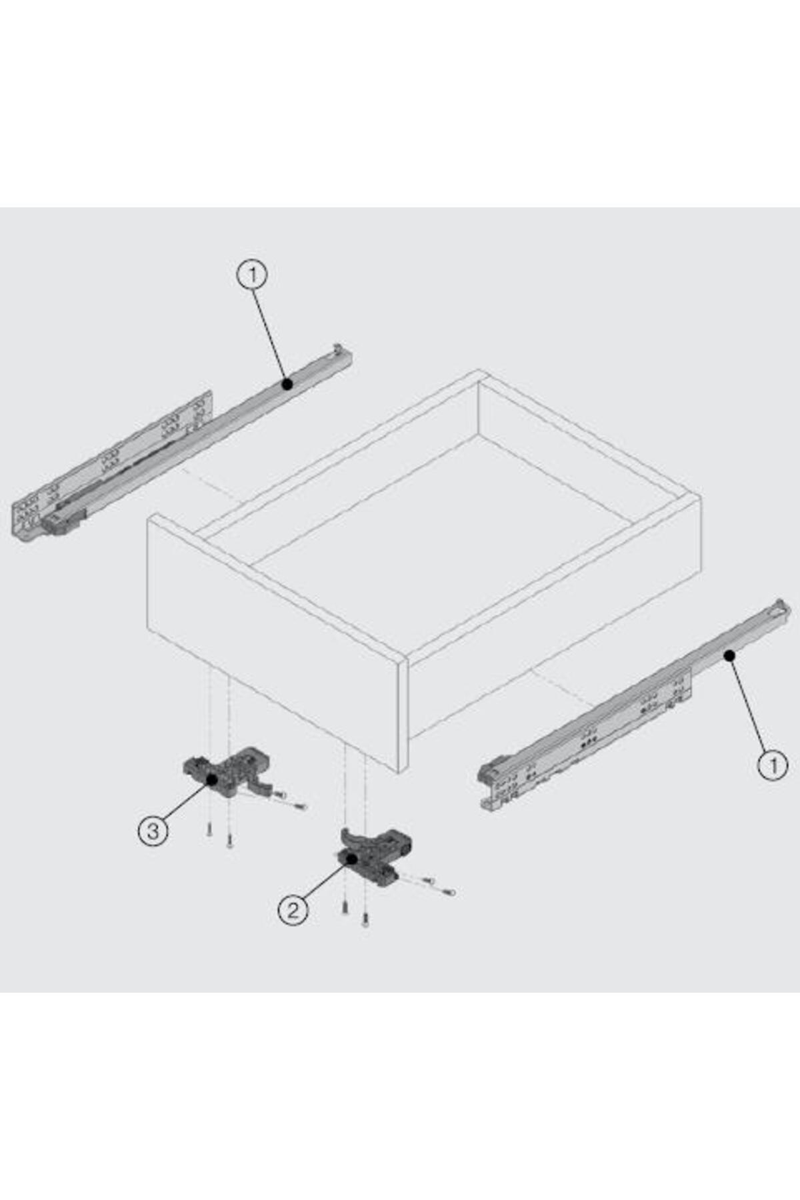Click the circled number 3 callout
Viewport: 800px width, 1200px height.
pyautogui.click(x=153, y=831)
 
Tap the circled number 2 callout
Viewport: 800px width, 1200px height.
pyautogui.click(x=293, y=909)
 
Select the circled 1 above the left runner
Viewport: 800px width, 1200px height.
pyautogui.click(x=252, y=275)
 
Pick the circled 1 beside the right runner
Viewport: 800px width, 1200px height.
pyautogui.click(x=773, y=765)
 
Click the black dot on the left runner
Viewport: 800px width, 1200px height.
pyautogui.click(x=287, y=384)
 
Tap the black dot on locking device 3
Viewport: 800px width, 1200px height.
pyautogui.click(x=212, y=779)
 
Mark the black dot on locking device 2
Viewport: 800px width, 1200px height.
pyautogui.click(x=351, y=859)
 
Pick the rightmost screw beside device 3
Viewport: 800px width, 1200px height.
pyautogui.click(x=299, y=806)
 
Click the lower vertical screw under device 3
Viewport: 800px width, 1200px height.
pyautogui.click(x=229, y=841)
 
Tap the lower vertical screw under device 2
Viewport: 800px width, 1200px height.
pyautogui.click(x=365, y=920)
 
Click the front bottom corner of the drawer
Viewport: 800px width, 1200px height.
pyautogui.click(x=400, y=772)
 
